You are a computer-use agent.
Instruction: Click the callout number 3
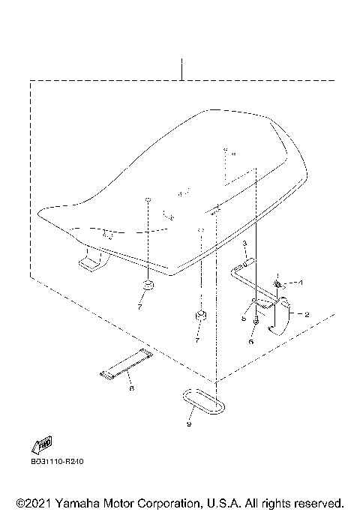click(244, 244)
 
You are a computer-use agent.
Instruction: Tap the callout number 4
click(301, 282)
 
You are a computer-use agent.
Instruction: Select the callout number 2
click(307, 314)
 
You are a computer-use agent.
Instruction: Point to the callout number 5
click(244, 318)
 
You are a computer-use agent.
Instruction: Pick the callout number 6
click(251, 342)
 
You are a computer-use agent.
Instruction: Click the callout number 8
click(132, 388)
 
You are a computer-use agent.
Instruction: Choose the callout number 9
click(189, 424)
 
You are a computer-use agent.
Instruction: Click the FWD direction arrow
click(42, 445)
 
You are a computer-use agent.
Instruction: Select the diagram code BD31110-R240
click(57, 461)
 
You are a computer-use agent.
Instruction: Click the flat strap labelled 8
click(127, 364)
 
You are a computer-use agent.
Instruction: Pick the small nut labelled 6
click(256, 322)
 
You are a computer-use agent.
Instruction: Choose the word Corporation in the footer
click(166, 503)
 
